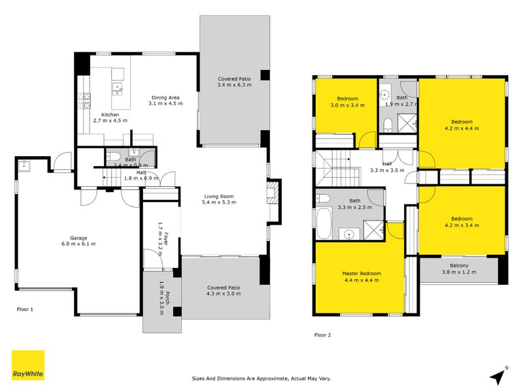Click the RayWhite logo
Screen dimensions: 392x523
28,365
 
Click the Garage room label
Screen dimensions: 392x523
78,238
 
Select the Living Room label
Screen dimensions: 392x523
220,196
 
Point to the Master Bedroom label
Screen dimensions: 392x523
361,273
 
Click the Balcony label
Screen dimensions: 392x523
459,265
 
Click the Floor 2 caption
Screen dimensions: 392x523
323,335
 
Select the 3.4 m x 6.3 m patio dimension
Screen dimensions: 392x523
234,85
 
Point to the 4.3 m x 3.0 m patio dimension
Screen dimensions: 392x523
224,294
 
